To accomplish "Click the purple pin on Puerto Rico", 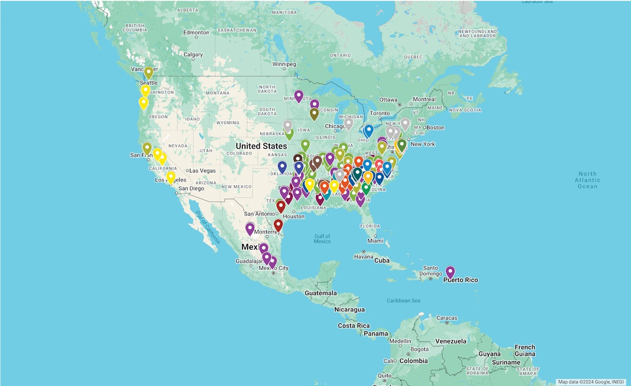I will pos(450,271).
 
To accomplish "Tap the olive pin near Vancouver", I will pos(149,72).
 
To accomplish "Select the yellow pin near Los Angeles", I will pos(171,177).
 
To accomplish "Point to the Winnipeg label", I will pos(284,64).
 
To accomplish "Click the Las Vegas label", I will pos(202,170).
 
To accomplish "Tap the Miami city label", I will pos(375,240).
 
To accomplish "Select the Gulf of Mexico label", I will pos(322,238).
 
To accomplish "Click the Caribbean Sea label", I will pos(404,300).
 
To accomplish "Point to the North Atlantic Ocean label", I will pos(587,180).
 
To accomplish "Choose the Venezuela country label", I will pos(451,341).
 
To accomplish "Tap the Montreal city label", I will pos(423,99).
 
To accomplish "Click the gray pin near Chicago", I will pos(348,123).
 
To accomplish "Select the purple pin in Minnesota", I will pos(299,96).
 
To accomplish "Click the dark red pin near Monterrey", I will pos(278,225).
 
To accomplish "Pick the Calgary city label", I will pos(193,55).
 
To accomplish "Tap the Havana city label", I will pos(363,257).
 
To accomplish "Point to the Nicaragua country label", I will pos(350,309).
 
